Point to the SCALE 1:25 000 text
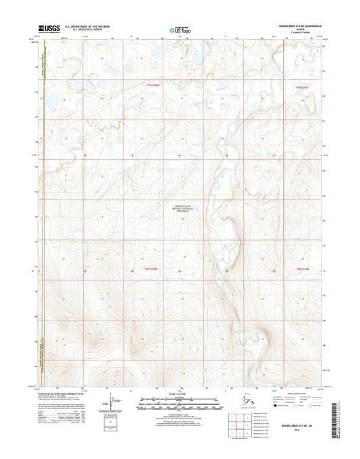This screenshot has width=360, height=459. [180, 394]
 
